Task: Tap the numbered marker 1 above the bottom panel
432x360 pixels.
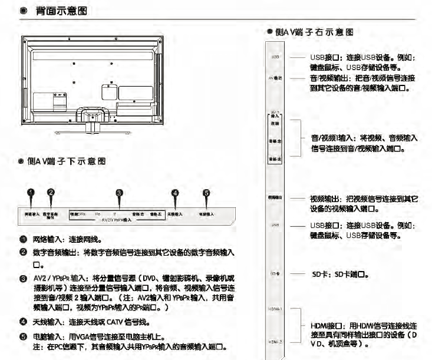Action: [32, 192]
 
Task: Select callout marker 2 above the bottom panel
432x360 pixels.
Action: [51, 192]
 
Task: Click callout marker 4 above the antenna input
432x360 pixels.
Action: [174, 192]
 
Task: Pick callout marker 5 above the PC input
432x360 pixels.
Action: [206, 192]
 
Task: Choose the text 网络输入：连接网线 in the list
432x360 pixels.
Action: [67, 240]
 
